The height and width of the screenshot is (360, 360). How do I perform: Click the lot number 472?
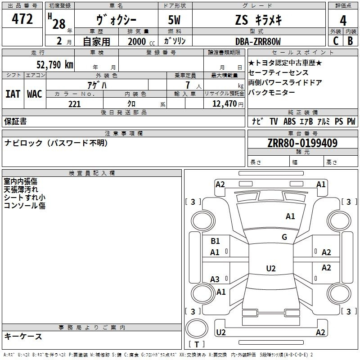pyautogui.click(x=22, y=19)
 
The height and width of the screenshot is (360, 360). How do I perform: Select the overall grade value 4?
pyautogui.click(x=343, y=21)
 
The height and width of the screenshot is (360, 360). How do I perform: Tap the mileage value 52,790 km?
pyautogui.click(x=55, y=64)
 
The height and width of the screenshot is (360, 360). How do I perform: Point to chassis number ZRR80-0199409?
pyautogui.click(x=302, y=143)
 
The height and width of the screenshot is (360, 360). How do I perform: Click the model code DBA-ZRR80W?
pyautogui.click(x=258, y=41)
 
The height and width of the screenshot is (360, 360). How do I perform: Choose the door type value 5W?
pyautogui.click(x=174, y=20)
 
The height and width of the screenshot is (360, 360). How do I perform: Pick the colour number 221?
pyautogui.click(x=75, y=104)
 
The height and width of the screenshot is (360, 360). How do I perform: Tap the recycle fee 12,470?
pyautogui.click(x=225, y=104)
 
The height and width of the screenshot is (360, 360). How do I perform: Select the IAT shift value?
pyautogui.click(x=13, y=94)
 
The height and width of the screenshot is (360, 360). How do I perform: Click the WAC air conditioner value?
pyautogui.click(x=35, y=94)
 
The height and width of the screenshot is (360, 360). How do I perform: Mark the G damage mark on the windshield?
pyautogui.click(x=284, y=237)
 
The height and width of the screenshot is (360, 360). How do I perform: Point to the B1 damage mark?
pyautogui.click(x=215, y=241)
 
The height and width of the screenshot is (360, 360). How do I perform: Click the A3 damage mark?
pyautogui.click(x=215, y=279)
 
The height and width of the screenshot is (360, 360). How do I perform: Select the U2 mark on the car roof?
pyautogui.click(x=271, y=268)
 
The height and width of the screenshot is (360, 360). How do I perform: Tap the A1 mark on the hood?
pyautogui.click(x=290, y=216)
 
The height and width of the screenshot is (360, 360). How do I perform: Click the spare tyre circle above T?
pyautogui.click(x=197, y=328)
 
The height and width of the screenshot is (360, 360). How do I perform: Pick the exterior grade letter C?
pyautogui.click(x=336, y=41)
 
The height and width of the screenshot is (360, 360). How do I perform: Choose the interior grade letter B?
pyautogui.click(x=351, y=41)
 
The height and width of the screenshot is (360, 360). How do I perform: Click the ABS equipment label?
pyautogui.click(x=289, y=121)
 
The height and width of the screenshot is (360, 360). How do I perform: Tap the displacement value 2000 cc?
pyautogui.click(x=141, y=41)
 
